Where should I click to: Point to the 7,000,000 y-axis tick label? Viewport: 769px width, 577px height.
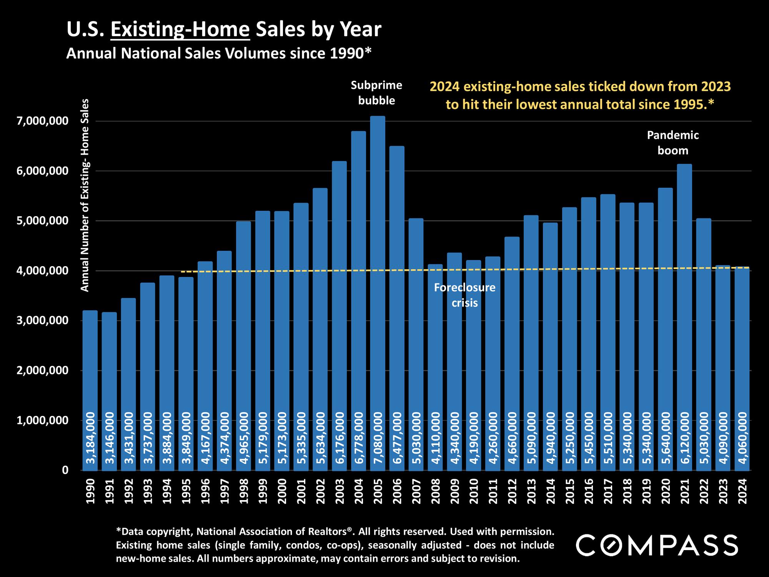pyautogui.click(x=41, y=122)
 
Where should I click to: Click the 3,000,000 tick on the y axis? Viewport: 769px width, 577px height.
pyautogui.click(x=41, y=321)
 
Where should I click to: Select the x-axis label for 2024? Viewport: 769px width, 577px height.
pyautogui.click(x=742, y=491)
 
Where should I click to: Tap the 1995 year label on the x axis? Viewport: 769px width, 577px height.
pyautogui.click(x=186, y=491)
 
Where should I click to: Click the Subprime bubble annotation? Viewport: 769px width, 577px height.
pyautogui.click(x=376, y=93)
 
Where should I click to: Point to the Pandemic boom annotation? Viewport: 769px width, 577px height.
pyautogui.click(x=673, y=143)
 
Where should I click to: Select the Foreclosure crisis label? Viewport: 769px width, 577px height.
pyautogui.click(x=464, y=295)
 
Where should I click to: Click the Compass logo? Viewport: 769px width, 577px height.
pyautogui.click(x=657, y=545)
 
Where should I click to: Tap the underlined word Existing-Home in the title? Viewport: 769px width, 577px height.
pyautogui.click(x=180, y=30)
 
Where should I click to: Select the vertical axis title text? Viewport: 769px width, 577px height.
pyautogui.click(x=85, y=195)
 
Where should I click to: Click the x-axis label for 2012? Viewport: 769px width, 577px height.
pyautogui.click(x=512, y=491)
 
